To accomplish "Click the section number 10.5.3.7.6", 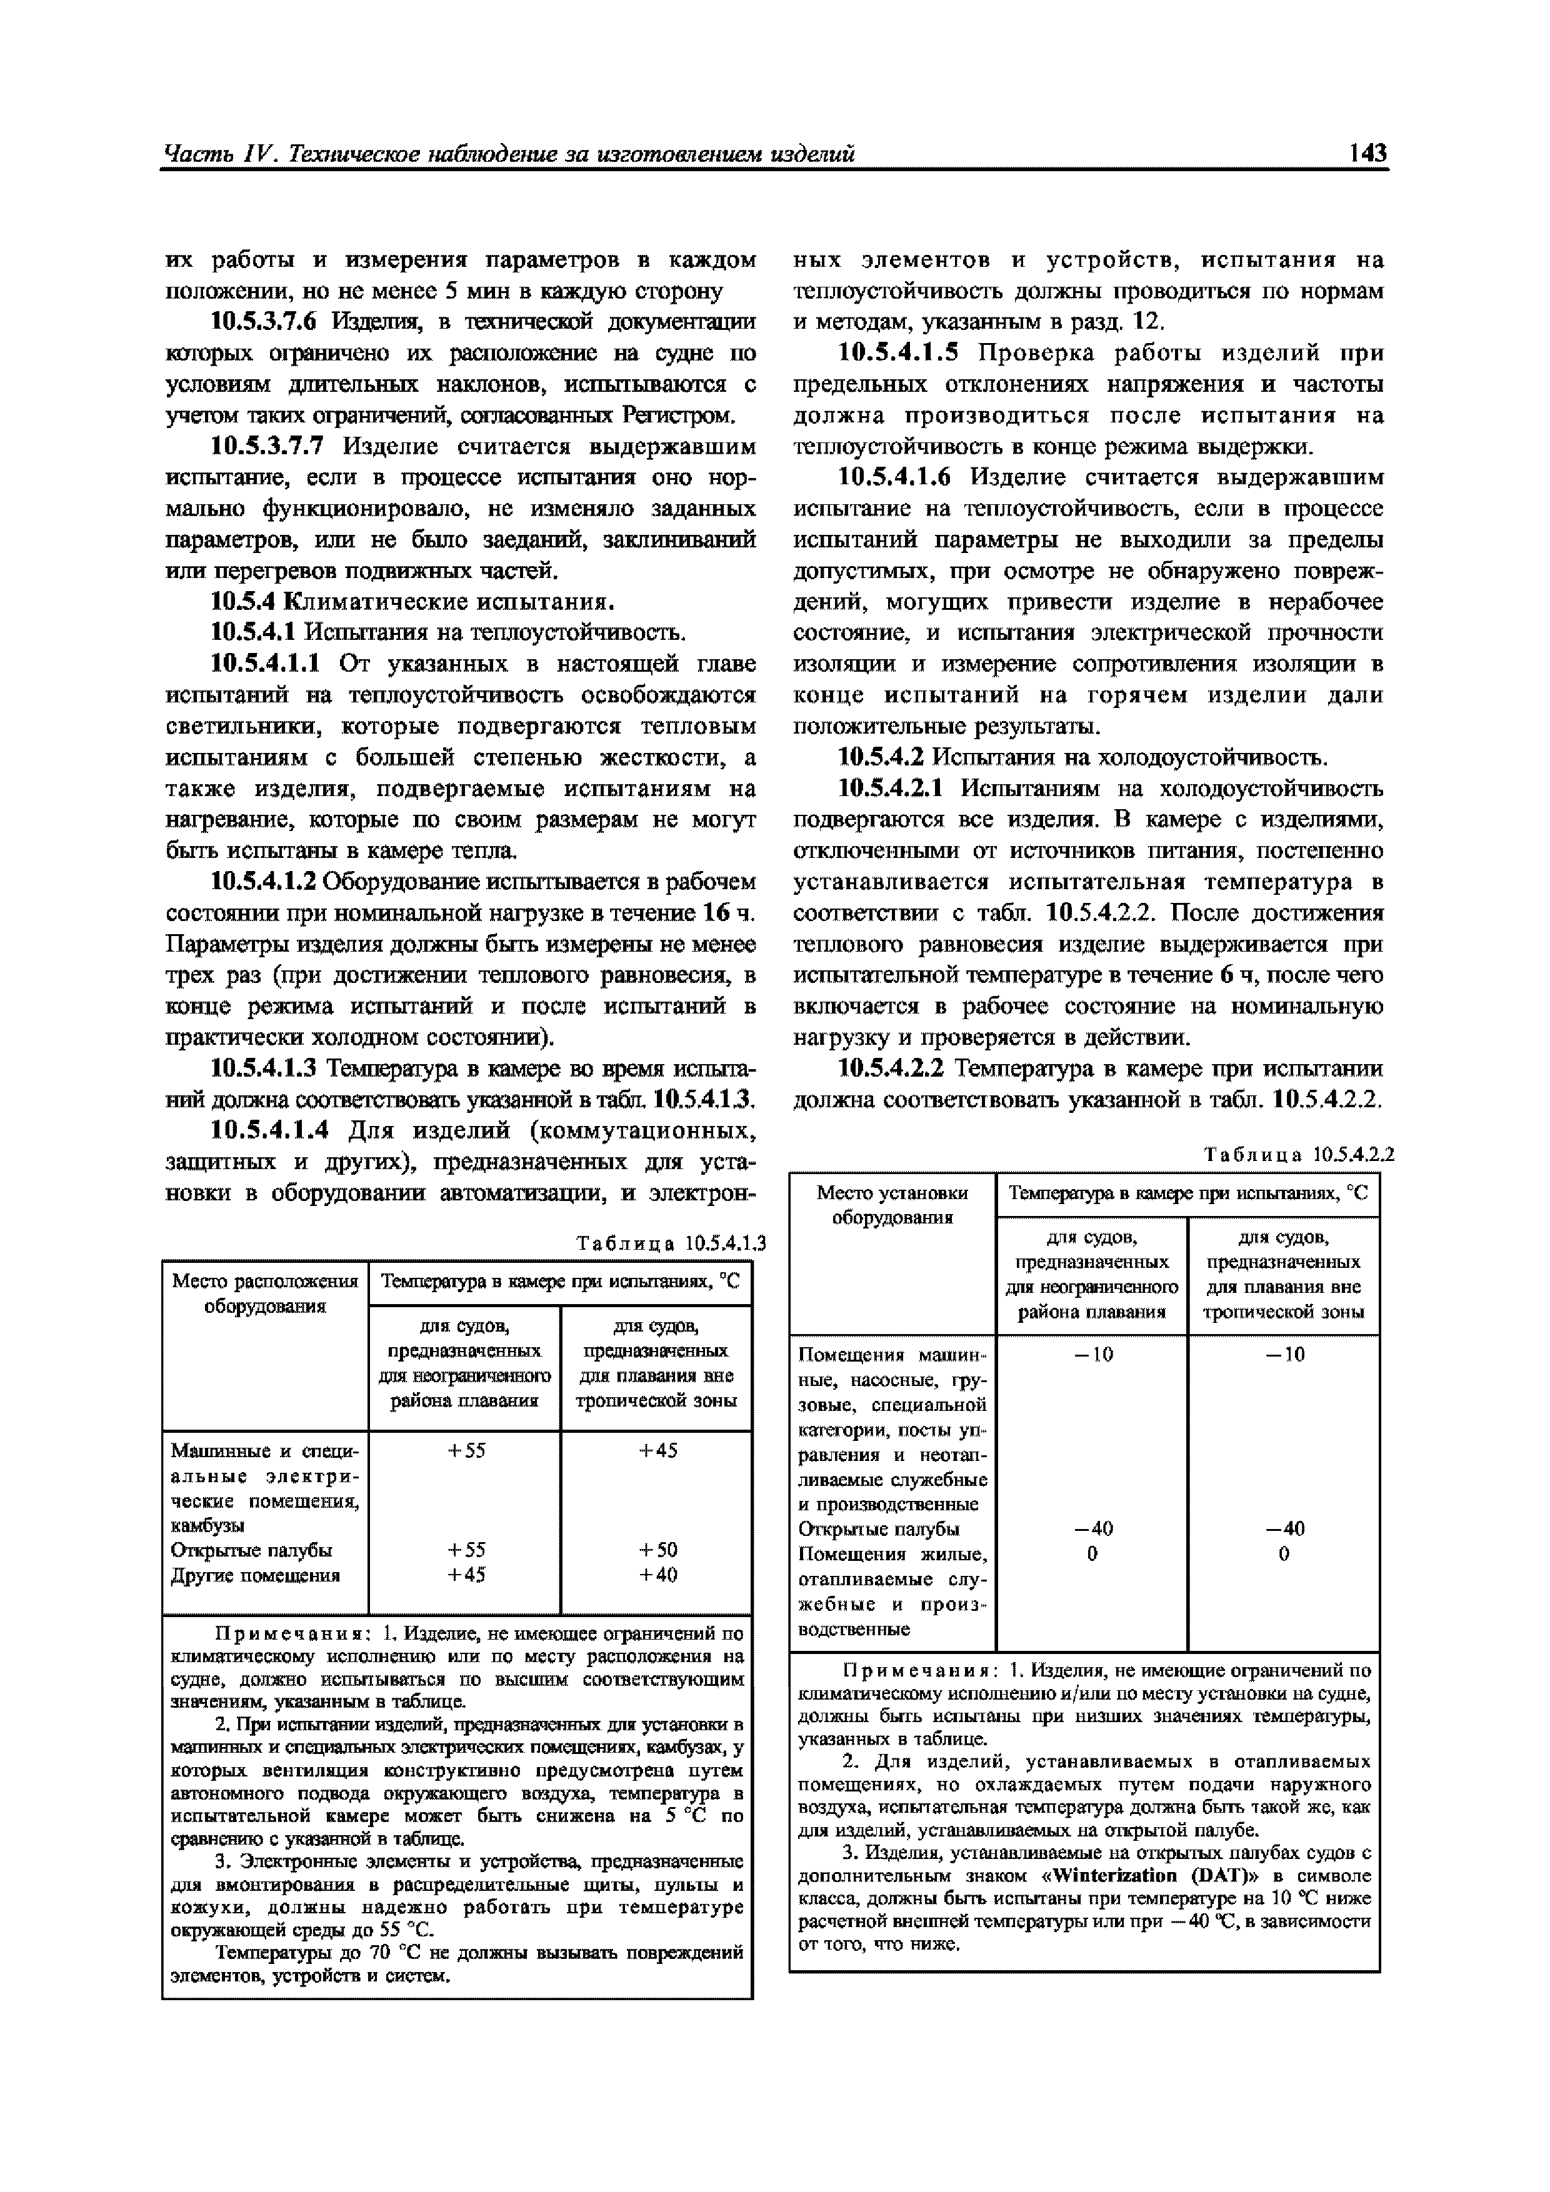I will [269, 322].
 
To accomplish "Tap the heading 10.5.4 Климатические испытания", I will [411, 602].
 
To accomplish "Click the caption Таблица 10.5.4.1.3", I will [671, 1243].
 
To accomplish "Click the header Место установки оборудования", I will [892, 1205].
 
